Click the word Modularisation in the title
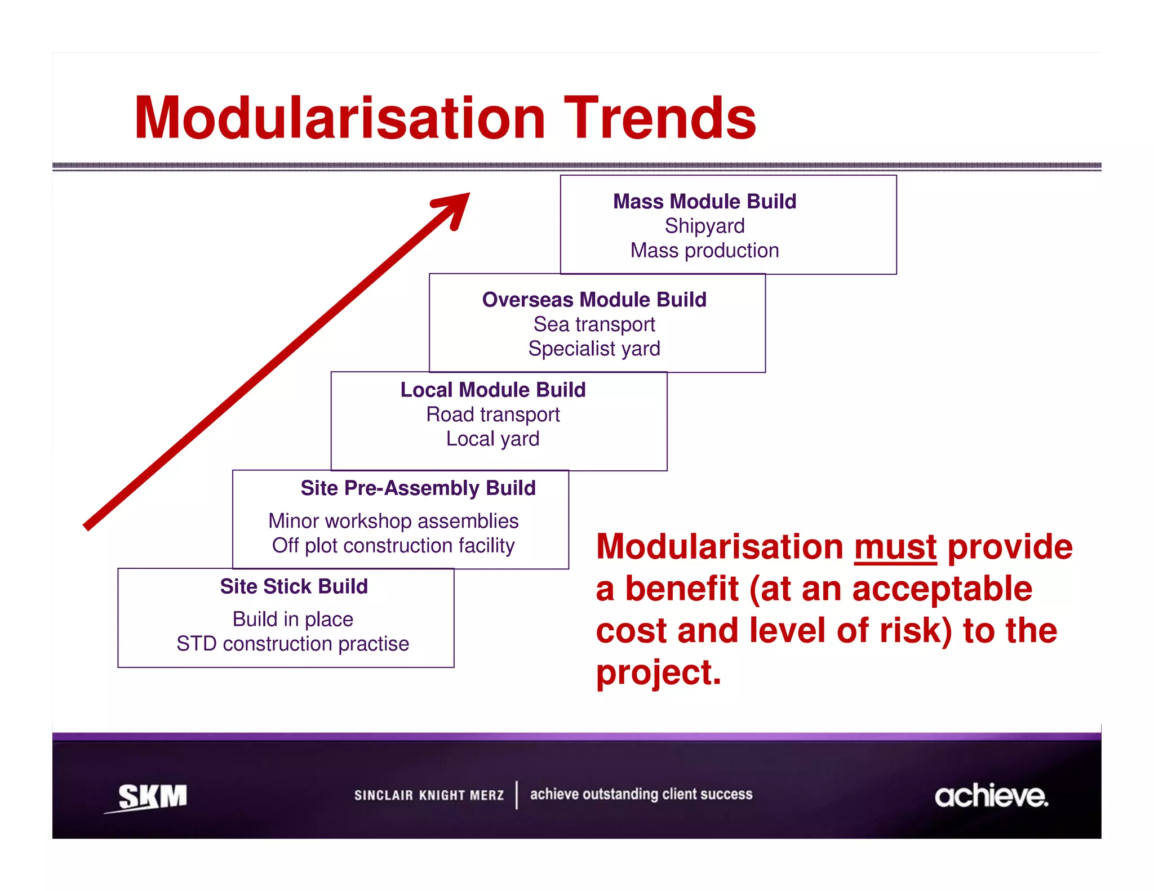[340, 118]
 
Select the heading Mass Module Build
[704, 201]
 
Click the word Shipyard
[704, 226]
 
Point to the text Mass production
[704, 251]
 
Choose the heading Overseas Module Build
[594, 300]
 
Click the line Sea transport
[594, 324]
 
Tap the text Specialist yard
[594, 349]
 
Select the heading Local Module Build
[493, 390]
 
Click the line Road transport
[493, 415]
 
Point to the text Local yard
[493, 439]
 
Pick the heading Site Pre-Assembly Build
[418, 488]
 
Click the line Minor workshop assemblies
[393, 521]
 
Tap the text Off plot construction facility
[393, 546]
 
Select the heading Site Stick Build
[294, 586]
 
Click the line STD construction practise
[292, 644]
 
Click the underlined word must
[895, 547]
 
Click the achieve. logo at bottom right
[991, 796]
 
